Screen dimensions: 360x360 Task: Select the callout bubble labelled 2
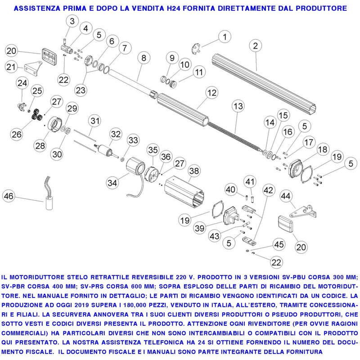[x=255, y=45]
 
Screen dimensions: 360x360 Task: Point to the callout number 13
[x=238, y=107]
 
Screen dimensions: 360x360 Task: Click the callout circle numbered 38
[x=194, y=171]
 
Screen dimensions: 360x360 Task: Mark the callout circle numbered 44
[x=285, y=196]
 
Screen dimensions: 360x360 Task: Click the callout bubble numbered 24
[x=22, y=83]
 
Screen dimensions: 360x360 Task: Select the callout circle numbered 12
[x=211, y=93]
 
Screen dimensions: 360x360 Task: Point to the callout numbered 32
[x=116, y=134]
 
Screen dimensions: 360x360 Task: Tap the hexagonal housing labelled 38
[x=184, y=190]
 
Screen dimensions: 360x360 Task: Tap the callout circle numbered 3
[x=72, y=20]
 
